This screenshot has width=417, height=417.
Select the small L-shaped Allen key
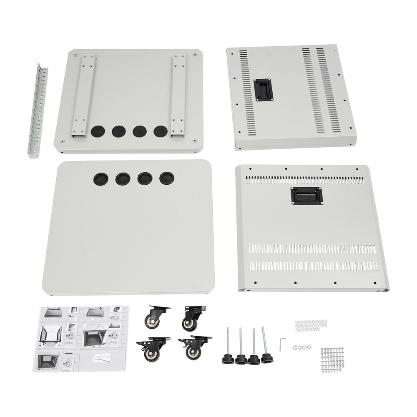pyautogui.click(x=282, y=344)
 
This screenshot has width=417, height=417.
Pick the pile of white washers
pyautogui.click(x=311, y=326)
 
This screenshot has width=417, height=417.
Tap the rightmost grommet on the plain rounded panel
pyautogui.click(x=166, y=178)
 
